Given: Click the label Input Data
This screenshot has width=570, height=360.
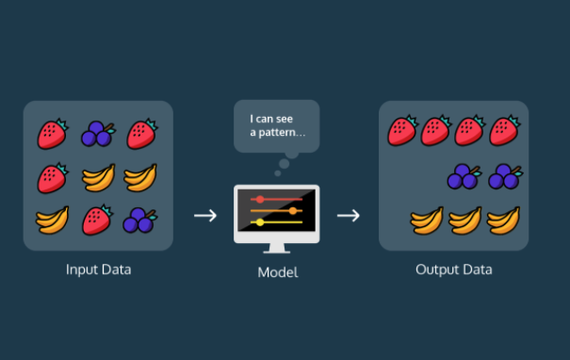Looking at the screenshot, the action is pyautogui.click(x=99, y=270).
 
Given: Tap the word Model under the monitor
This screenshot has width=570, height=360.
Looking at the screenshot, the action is pyautogui.click(x=278, y=272).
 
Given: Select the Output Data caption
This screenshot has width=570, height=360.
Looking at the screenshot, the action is pyautogui.click(x=454, y=270).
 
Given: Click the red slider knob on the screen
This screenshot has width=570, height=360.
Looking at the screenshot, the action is pyautogui.click(x=260, y=199).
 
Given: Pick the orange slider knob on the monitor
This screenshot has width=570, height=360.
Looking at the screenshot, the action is pyautogui.click(x=293, y=210).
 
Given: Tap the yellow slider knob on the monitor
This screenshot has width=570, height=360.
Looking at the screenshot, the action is pyautogui.click(x=260, y=222).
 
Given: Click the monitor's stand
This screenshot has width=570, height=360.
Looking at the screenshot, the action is pyautogui.click(x=277, y=248).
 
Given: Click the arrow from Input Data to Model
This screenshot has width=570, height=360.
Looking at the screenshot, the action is pyautogui.click(x=205, y=216).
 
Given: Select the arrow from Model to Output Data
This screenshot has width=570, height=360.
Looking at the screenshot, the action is pyautogui.click(x=349, y=216).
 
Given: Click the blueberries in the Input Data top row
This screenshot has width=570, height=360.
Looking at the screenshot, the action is pyautogui.click(x=98, y=134).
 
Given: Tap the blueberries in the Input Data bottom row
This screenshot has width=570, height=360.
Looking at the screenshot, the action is pyautogui.click(x=140, y=220).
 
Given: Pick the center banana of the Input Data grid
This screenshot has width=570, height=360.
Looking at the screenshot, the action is pyautogui.click(x=99, y=177).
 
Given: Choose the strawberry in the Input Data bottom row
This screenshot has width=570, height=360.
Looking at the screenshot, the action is pyautogui.click(x=97, y=220).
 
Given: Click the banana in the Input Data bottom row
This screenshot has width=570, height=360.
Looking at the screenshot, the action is pyautogui.click(x=53, y=221).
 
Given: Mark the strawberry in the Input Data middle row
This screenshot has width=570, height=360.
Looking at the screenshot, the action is pyautogui.click(x=53, y=177).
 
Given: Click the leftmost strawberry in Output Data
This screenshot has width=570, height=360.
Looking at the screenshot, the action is pyautogui.click(x=403, y=131).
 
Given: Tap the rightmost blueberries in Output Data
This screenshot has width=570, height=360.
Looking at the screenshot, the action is pyautogui.click(x=505, y=177).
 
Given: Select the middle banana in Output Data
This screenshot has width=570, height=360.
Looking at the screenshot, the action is pyautogui.click(x=465, y=221).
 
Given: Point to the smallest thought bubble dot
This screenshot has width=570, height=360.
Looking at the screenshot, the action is pyautogui.click(x=278, y=173).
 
